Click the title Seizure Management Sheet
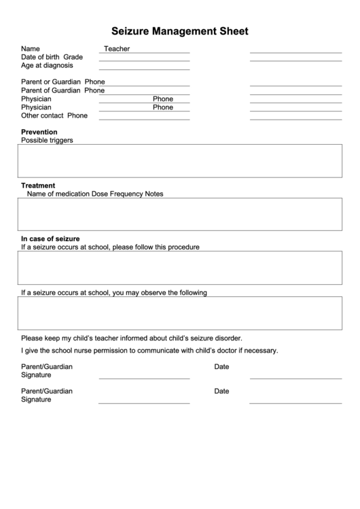tap(179, 31)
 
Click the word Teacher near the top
tap(117, 49)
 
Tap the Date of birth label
tap(41, 57)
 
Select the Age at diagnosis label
tap(47, 66)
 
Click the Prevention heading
tap(39, 132)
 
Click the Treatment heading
tap(38, 185)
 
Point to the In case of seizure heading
tap(50, 239)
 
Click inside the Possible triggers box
tap(180, 160)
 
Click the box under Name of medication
tap(180, 214)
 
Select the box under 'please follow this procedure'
tap(180, 267)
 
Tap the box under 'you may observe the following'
tap(180, 313)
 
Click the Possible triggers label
tap(47, 141)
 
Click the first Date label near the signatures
tap(221, 367)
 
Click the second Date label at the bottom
tap(221, 391)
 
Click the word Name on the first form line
tap(31, 49)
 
